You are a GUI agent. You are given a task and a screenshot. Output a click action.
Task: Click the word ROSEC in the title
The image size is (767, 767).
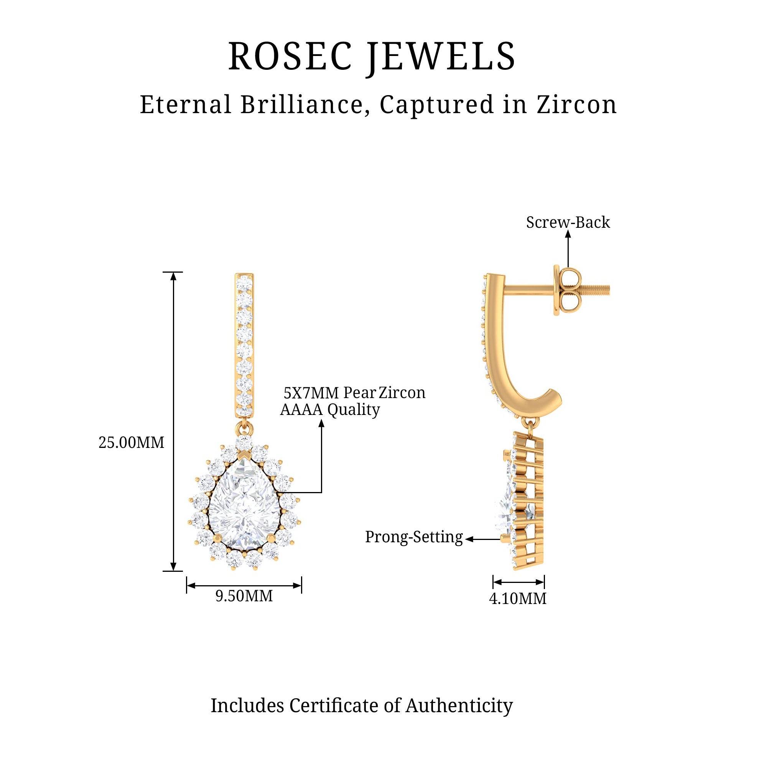[290, 56]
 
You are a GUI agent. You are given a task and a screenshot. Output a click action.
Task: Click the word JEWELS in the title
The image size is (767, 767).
[441, 56]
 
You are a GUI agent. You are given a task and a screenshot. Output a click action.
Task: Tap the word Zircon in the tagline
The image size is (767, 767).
[577, 105]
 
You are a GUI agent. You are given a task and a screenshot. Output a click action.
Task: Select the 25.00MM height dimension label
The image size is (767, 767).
[132, 443]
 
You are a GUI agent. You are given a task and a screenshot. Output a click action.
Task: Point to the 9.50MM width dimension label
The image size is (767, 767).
[244, 596]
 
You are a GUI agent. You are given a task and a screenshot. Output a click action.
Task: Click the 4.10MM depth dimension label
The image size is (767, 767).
[518, 599]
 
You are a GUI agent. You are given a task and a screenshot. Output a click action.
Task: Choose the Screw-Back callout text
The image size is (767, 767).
[568, 223]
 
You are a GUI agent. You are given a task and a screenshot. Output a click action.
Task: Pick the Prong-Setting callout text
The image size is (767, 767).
[414, 537]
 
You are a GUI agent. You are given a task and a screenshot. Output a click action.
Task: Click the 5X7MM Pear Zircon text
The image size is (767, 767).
[354, 393]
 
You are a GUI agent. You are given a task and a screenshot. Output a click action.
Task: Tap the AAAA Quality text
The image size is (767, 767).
[330, 410]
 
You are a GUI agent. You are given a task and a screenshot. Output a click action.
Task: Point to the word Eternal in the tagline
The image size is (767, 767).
[185, 105]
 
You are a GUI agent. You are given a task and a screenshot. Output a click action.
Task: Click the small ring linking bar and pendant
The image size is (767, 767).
[244, 427]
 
